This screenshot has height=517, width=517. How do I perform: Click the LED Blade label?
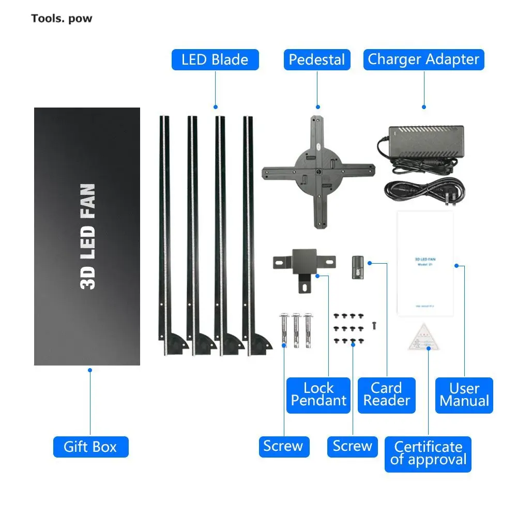tap(215, 59)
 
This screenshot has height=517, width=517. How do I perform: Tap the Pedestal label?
tap(317, 59)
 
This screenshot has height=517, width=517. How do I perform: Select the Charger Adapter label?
tap(423, 59)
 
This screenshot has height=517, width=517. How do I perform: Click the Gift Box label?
tap(90, 447)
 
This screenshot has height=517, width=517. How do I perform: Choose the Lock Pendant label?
tap(318, 394)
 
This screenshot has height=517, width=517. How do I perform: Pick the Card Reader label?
tap(386, 394)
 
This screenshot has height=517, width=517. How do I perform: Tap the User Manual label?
tap(464, 395)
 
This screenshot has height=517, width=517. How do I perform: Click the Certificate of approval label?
tap(428, 453)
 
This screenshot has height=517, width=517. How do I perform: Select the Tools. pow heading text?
tap(62, 19)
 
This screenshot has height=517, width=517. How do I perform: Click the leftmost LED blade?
tap(164, 233)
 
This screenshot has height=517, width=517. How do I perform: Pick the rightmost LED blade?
tap(248, 233)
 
